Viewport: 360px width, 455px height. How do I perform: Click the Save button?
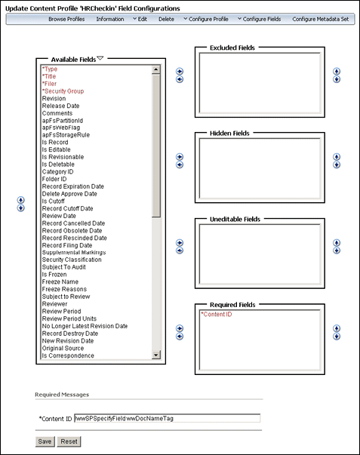pos(45,441)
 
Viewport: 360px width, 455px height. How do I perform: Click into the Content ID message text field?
pos(167,417)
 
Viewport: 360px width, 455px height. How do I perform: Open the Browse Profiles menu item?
pos(66,19)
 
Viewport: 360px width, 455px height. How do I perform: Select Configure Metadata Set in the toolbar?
pos(320,19)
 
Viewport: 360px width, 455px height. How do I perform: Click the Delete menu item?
pos(166,19)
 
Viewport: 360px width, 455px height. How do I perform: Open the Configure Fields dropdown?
pos(260,19)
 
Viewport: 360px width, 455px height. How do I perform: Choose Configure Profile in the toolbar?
pos(206,19)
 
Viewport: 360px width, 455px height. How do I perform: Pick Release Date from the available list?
pos(61,106)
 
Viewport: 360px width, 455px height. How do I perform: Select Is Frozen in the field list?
pos(56,275)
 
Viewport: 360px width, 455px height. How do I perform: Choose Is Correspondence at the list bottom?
pos(68,355)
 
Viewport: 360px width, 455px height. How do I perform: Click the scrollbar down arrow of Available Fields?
pos(156,355)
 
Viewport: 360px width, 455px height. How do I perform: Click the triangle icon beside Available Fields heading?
pos(100,57)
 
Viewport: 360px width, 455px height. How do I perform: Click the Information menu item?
pos(109,19)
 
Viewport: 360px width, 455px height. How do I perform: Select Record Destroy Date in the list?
pos(70,333)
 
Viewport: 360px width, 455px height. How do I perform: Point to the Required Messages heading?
pos(62,394)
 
